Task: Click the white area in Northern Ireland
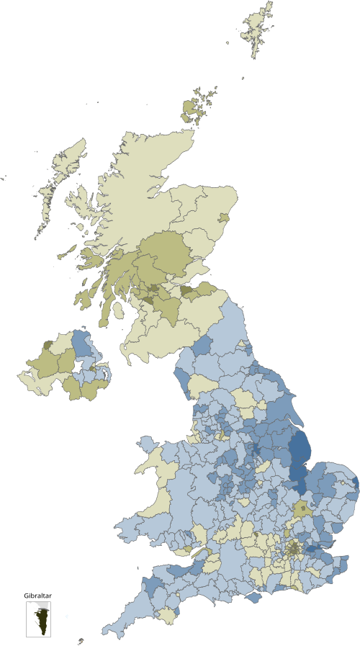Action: pos(78,365)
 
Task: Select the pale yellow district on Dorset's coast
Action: pos(168,616)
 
